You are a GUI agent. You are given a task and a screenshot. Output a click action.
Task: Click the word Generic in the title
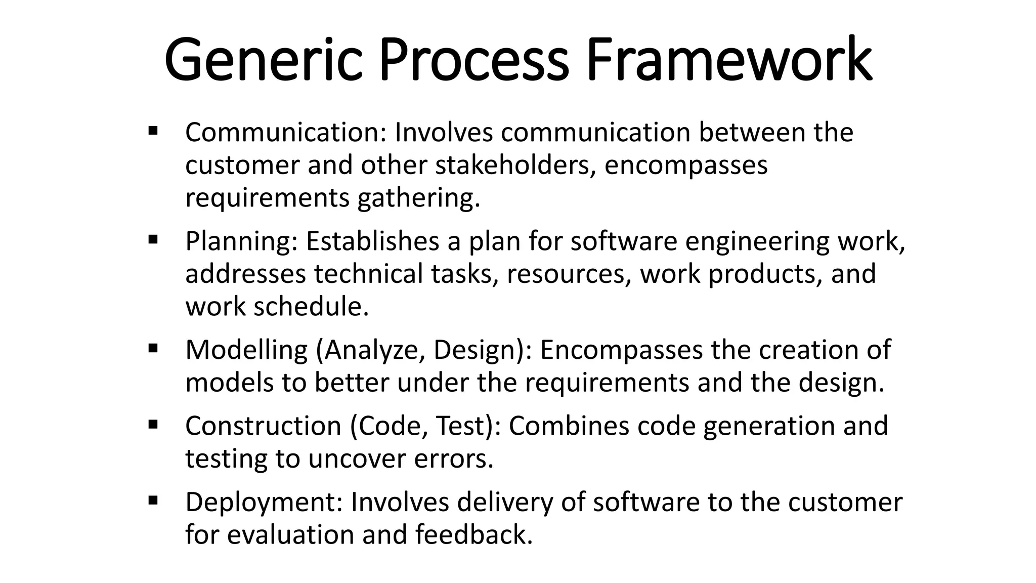[x=264, y=60]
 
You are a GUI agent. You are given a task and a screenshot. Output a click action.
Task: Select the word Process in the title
[x=473, y=60]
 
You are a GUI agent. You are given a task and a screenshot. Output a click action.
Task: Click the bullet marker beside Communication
[x=153, y=131]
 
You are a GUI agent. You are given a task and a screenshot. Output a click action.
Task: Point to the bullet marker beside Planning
[x=153, y=239]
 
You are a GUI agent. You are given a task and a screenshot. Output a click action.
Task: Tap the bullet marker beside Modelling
[x=153, y=348]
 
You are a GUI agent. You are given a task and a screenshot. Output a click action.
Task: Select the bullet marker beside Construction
[x=153, y=424]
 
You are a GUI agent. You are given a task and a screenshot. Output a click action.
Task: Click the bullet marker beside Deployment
[x=153, y=501]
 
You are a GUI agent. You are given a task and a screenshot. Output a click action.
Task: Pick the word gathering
[x=418, y=198]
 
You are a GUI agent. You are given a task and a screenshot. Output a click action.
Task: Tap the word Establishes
[x=372, y=241]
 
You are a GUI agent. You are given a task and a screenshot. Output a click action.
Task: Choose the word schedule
[x=311, y=307]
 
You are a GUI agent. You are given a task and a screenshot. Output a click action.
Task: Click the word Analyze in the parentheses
[x=374, y=350]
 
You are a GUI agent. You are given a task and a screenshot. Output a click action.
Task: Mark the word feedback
[x=474, y=535]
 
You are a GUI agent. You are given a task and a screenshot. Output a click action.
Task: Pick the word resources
[x=569, y=274]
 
